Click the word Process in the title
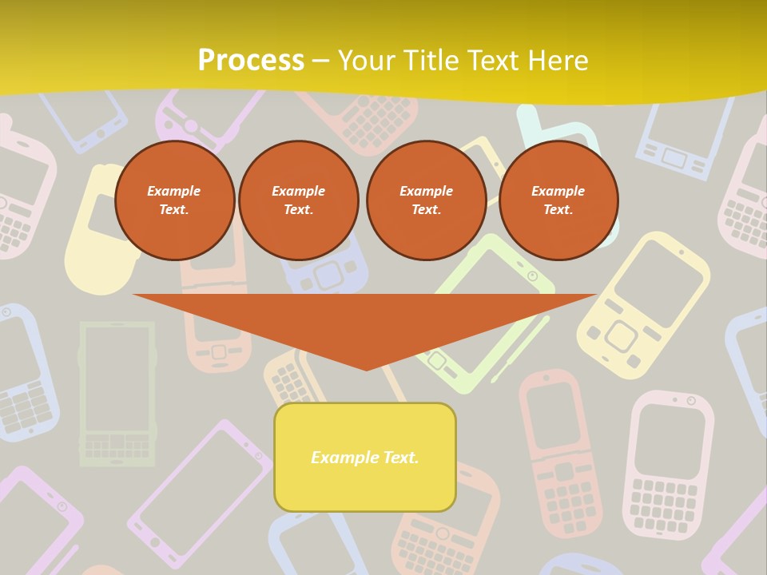tap(251, 61)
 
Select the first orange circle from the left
tap(175, 200)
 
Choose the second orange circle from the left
tap(299, 200)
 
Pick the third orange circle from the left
tap(427, 200)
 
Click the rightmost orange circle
tap(558, 200)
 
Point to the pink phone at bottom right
tap(668, 464)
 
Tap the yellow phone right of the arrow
tap(644, 303)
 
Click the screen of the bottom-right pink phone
tap(670, 440)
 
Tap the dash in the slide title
tap(320, 61)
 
